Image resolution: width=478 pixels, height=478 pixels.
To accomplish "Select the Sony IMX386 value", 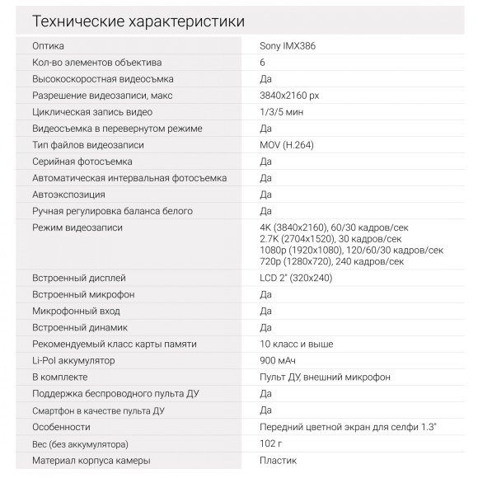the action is click(x=287, y=46).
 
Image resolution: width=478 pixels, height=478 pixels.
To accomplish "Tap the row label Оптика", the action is click(x=47, y=46).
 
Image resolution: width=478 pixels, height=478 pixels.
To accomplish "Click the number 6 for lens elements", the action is click(x=262, y=63).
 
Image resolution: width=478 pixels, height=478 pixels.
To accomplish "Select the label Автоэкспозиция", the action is click(x=68, y=194).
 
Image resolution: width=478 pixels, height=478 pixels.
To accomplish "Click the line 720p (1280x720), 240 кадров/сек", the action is click(x=331, y=261).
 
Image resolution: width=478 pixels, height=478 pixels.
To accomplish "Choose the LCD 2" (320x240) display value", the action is click(x=296, y=278).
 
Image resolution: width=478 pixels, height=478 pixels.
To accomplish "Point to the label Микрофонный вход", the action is click(x=76, y=311).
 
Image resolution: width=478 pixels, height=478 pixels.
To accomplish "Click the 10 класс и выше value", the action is click(x=296, y=344).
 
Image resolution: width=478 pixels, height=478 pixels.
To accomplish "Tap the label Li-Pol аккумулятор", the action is click(x=74, y=360).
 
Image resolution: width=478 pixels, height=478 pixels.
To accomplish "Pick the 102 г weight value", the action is click(x=271, y=443).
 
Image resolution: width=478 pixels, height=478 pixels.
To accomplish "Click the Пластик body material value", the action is click(x=278, y=460).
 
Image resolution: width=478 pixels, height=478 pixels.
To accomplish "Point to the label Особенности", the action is click(x=61, y=427).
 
